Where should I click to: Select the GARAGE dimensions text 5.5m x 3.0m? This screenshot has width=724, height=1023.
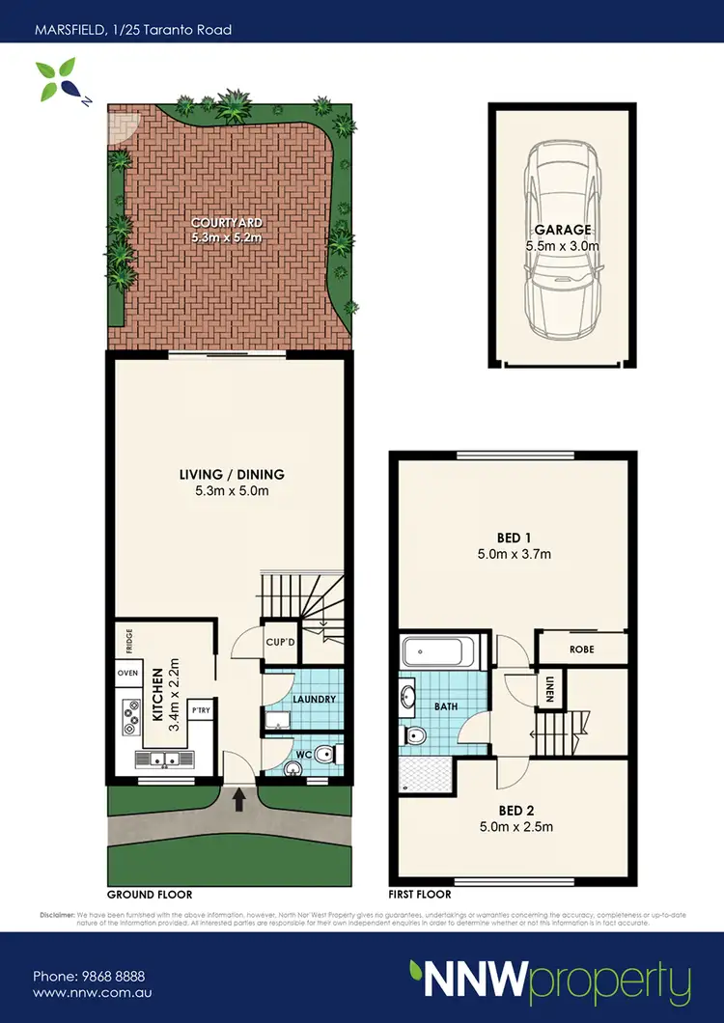tap(563, 246)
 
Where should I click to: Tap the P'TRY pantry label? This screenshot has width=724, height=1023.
tap(201, 709)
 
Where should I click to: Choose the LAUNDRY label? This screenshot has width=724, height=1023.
tap(313, 700)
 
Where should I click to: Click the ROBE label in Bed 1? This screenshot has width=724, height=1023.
tap(581, 650)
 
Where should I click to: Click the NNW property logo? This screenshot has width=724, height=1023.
tap(550, 982)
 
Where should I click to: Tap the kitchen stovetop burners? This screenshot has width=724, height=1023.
tap(130, 711)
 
